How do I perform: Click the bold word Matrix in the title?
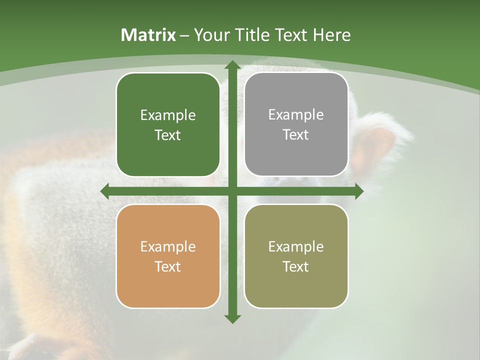[x=148, y=35]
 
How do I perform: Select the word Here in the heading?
[x=331, y=35]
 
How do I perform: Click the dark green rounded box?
[x=168, y=124]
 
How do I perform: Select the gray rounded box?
[x=296, y=124]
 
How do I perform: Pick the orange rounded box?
[x=168, y=256]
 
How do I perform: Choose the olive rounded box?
[x=296, y=256]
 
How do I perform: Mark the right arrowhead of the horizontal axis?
[x=358, y=191]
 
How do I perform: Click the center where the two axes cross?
[x=232, y=191]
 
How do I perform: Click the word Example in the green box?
[x=168, y=115]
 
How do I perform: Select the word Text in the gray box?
[x=296, y=134]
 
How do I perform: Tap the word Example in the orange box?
[x=168, y=246]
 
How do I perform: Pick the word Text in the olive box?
[x=296, y=266]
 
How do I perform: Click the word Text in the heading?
[x=291, y=35]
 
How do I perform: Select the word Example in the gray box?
[x=296, y=114]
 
